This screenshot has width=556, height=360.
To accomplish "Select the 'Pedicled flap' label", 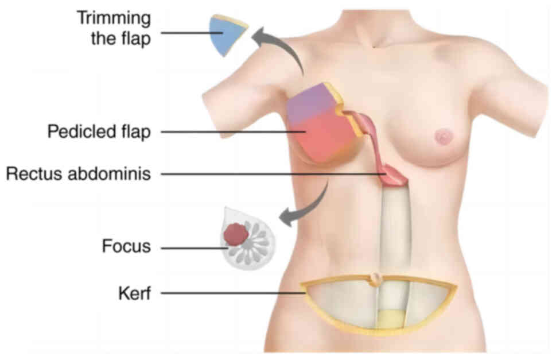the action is pyautogui.click(x=99, y=132).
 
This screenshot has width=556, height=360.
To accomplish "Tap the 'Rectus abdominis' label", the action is pyautogui.click(x=79, y=173).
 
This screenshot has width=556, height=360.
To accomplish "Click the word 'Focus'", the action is pyautogui.click(x=126, y=247).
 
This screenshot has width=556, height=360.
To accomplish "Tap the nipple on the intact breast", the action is pyautogui.click(x=443, y=137).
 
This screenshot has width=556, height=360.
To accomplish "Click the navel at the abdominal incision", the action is pyautogui.click(x=375, y=279).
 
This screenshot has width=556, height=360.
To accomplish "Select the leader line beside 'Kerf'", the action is pyautogui.click(x=230, y=293).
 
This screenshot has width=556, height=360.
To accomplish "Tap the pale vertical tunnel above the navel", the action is pyautogui.click(x=396, y=230).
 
